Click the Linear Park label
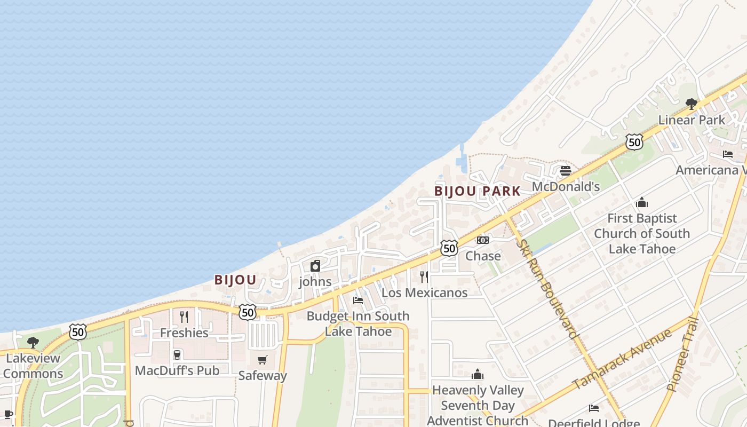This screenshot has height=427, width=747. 692,120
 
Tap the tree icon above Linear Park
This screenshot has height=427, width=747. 692,104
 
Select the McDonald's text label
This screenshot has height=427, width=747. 566,187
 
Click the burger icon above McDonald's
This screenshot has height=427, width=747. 566,171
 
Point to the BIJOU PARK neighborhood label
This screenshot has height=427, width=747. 477,191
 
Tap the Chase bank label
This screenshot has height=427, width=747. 483,256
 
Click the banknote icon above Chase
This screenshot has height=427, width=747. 483,240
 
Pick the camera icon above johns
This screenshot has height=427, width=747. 315,265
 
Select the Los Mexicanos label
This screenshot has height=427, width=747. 424,292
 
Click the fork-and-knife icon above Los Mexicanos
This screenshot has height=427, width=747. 424,276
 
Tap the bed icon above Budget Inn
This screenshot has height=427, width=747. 358,300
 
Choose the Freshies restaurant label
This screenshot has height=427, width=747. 184,333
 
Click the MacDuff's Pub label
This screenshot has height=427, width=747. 177,370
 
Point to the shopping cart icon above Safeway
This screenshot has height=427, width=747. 262,360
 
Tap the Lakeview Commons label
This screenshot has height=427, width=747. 33,366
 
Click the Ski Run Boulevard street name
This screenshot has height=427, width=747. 548,288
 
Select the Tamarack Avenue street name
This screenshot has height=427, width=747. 622,359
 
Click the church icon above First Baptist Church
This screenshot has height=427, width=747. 642,202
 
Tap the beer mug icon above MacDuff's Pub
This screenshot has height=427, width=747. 177,354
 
